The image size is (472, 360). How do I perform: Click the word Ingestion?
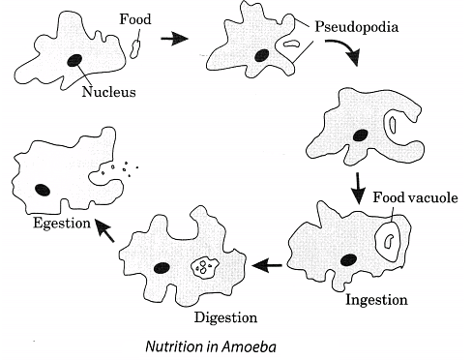pos(375,299)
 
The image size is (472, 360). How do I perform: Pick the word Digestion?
pos(224,316)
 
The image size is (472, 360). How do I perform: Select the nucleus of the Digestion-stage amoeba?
pos(162,268)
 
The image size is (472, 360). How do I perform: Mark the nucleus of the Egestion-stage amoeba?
pos(44,189)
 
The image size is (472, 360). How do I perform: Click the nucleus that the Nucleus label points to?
pos(74,60)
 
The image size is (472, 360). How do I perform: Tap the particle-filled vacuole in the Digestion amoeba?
pos(204,265)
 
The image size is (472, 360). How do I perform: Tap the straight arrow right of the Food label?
pos(173,38)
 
